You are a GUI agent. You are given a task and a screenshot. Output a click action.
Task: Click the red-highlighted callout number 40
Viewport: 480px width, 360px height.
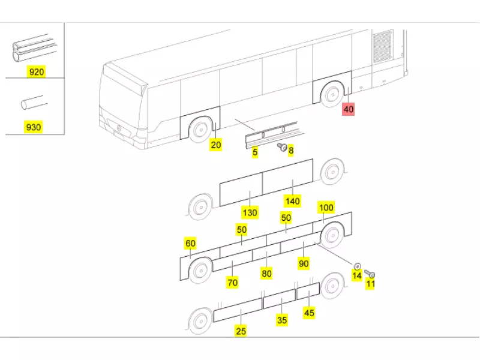[349, 109]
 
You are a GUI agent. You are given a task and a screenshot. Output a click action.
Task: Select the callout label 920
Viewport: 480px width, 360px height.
[37, 72]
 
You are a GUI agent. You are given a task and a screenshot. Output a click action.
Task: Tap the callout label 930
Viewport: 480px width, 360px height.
[33, 127]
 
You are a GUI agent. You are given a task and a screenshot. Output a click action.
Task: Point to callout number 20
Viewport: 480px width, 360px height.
[216, 145]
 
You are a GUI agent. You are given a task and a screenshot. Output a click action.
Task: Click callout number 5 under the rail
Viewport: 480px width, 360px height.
[255, 152]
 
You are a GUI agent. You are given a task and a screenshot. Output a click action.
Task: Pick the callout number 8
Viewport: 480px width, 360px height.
[291, 151]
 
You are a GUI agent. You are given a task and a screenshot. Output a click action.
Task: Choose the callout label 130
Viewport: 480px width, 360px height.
[250, 212]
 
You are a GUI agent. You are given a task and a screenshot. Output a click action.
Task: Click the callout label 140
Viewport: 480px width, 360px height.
[293, 201]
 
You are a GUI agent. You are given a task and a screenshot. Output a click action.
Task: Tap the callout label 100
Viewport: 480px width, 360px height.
[326, 208]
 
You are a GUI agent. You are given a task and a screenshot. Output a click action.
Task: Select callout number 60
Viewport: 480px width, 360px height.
[190, 243]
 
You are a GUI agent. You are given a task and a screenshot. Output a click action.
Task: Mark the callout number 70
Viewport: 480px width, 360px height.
[232, 283]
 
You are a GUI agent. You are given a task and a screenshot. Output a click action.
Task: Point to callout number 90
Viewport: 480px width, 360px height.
[304, 263]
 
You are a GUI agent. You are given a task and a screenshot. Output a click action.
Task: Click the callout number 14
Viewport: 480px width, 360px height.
[356, 275]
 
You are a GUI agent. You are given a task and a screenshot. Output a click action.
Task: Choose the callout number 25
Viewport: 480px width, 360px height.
[241, 330]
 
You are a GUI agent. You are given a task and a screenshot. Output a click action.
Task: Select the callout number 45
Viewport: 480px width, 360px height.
[309, 313]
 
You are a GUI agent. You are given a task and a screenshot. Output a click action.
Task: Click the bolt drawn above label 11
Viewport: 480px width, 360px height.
[369, 274]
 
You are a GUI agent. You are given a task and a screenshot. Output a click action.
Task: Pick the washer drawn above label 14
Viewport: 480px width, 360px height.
[358, 265]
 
